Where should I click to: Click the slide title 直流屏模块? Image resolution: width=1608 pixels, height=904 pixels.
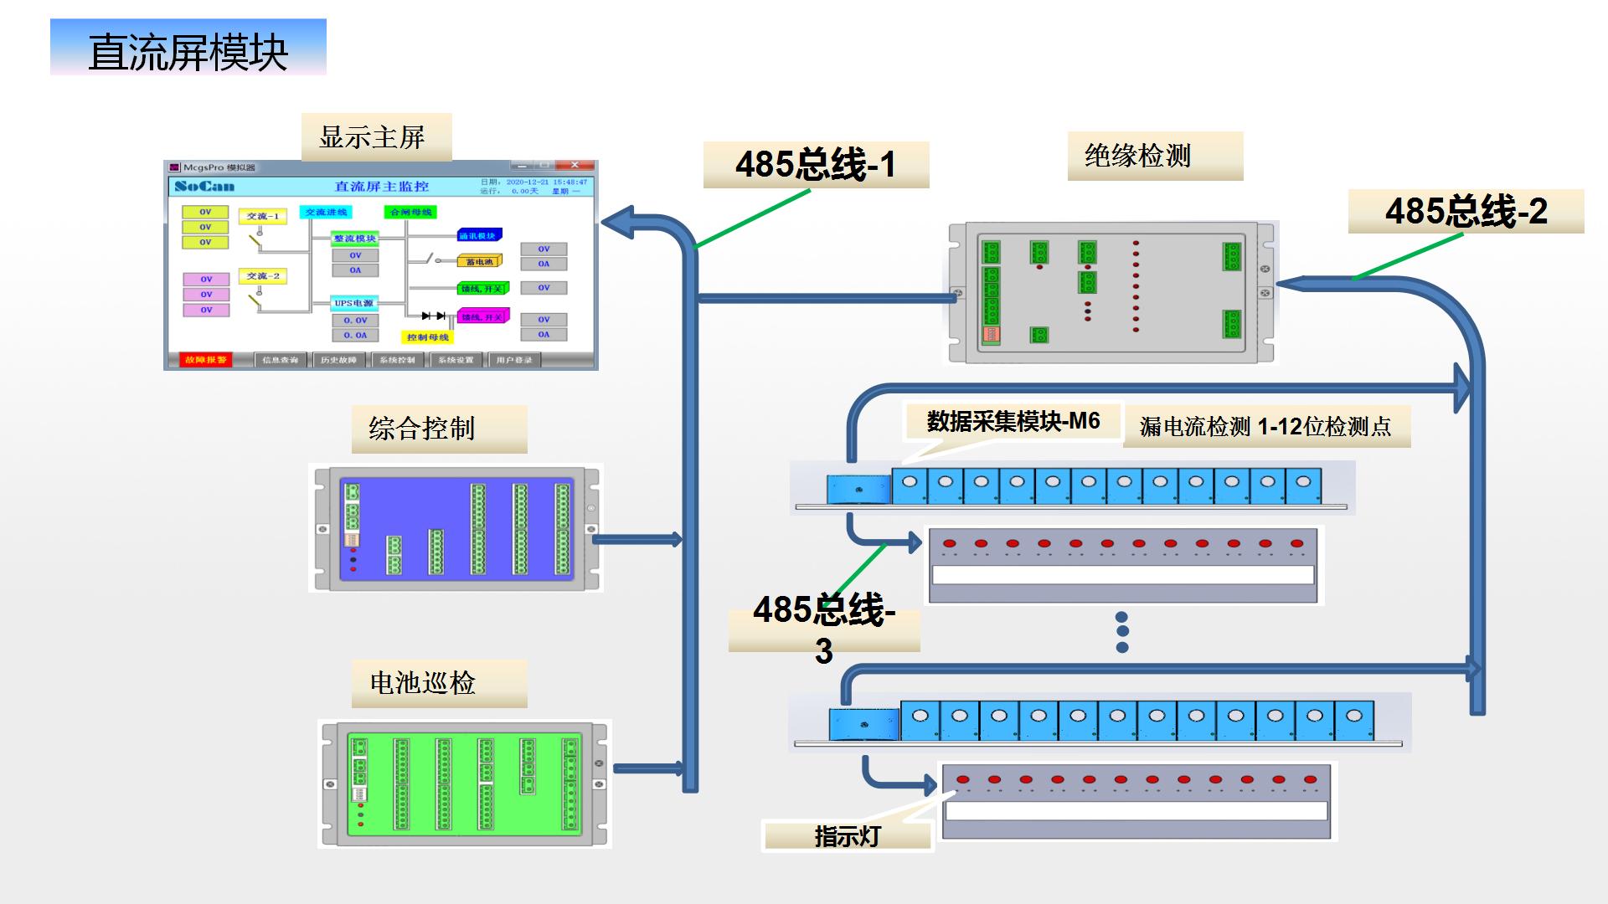(x=188, y=52)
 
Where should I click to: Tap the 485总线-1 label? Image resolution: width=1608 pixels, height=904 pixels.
(x=815, y=164)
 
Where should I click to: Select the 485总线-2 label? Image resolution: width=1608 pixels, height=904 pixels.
(x=1466, y=211)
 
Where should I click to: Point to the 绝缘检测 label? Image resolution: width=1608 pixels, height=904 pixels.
(x=1154, y=156)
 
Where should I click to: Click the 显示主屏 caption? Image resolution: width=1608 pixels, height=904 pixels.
(x=375, y=137)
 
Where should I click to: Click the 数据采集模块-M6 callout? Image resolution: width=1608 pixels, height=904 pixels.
(x=1013, y=421)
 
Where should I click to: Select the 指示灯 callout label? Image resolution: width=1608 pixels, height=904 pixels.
(x=847, y=836)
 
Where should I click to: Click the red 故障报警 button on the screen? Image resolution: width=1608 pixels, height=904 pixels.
(x=205, y=360)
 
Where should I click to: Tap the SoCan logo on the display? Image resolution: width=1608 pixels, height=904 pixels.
(x=204, y=186)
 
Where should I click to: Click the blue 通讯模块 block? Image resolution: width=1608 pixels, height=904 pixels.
(x=478, y=236)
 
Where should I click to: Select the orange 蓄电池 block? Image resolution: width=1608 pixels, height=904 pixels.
(x=479, y=262)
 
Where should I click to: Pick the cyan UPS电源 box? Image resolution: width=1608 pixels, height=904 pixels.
(x=354, y=303)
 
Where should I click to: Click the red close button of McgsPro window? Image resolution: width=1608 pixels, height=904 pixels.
(x=575, y=166)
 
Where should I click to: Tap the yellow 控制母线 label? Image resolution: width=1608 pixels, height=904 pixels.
(x=428, y=337)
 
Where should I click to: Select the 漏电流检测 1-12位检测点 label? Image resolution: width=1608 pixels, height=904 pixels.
(x=1265, y=427)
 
